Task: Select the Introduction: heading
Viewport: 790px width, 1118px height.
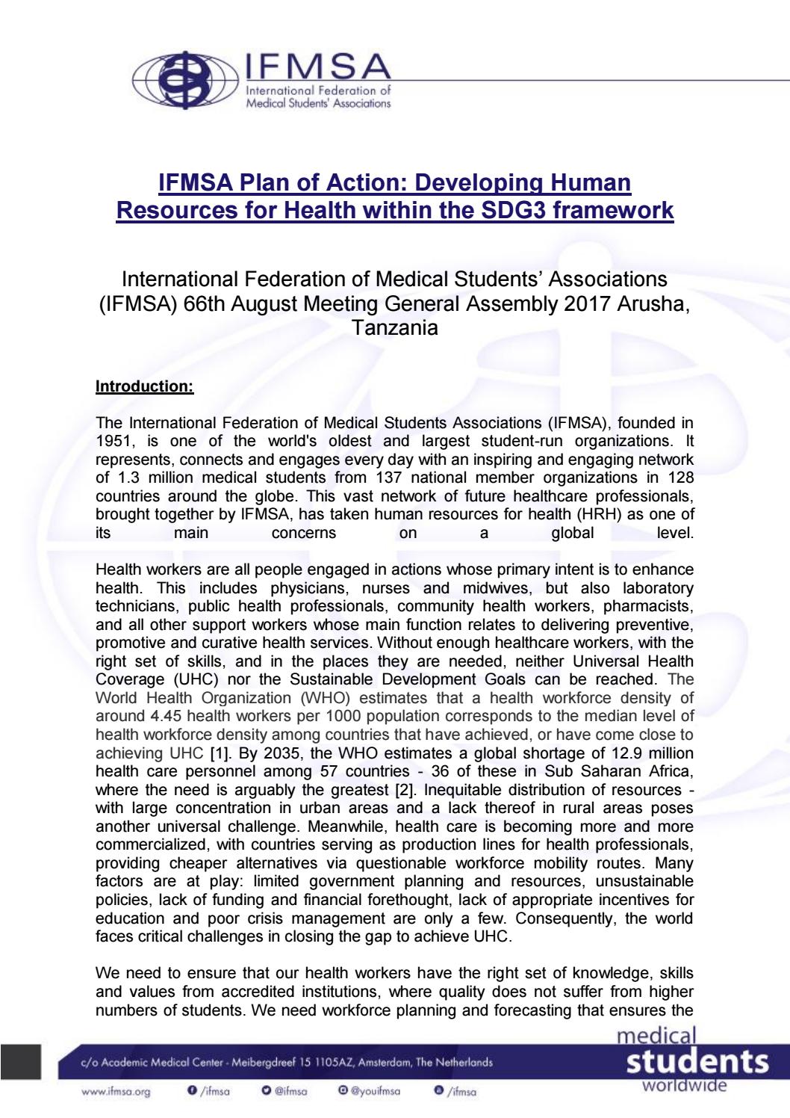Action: pos(145,386)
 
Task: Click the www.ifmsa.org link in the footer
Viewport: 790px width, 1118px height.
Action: pos(116,1092)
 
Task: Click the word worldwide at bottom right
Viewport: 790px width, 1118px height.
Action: pos(684,1084)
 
